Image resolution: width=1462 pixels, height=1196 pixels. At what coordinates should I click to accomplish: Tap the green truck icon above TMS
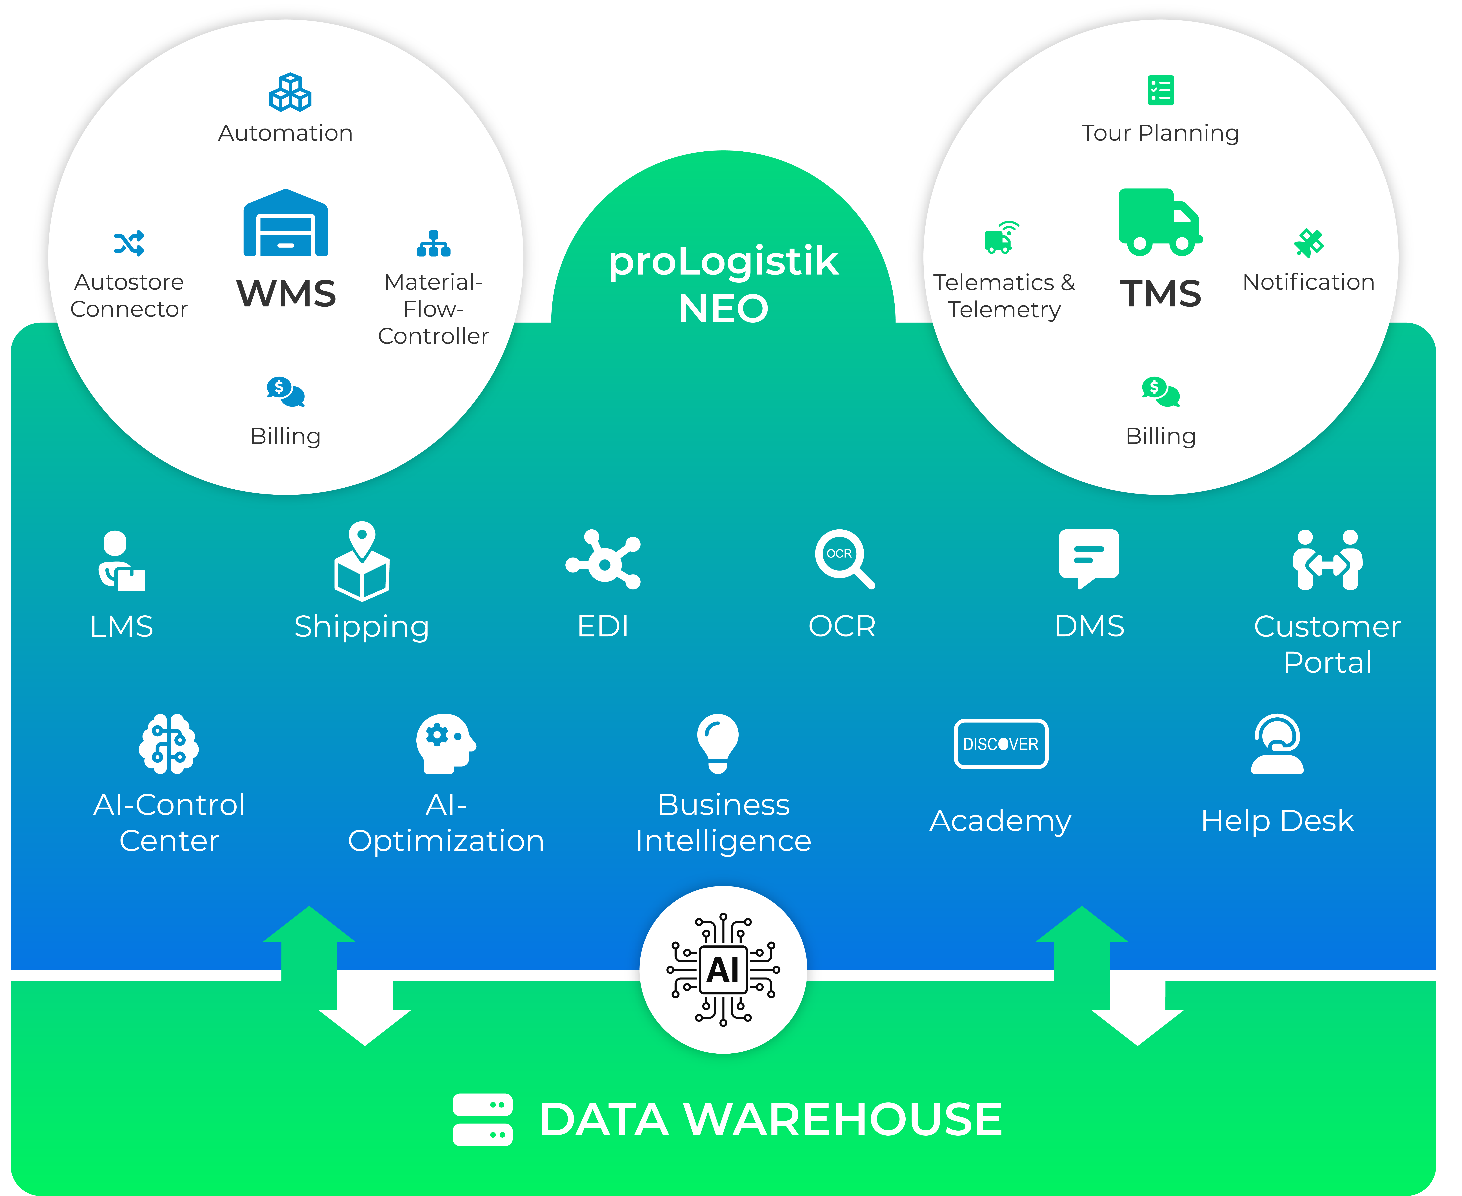(1160, 222)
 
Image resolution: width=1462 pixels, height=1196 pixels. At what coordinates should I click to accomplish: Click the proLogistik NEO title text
(723, 284)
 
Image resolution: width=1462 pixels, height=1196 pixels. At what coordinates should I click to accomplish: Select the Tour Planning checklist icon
(1160, 90)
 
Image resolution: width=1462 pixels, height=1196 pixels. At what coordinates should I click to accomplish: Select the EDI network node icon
(603, 559)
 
